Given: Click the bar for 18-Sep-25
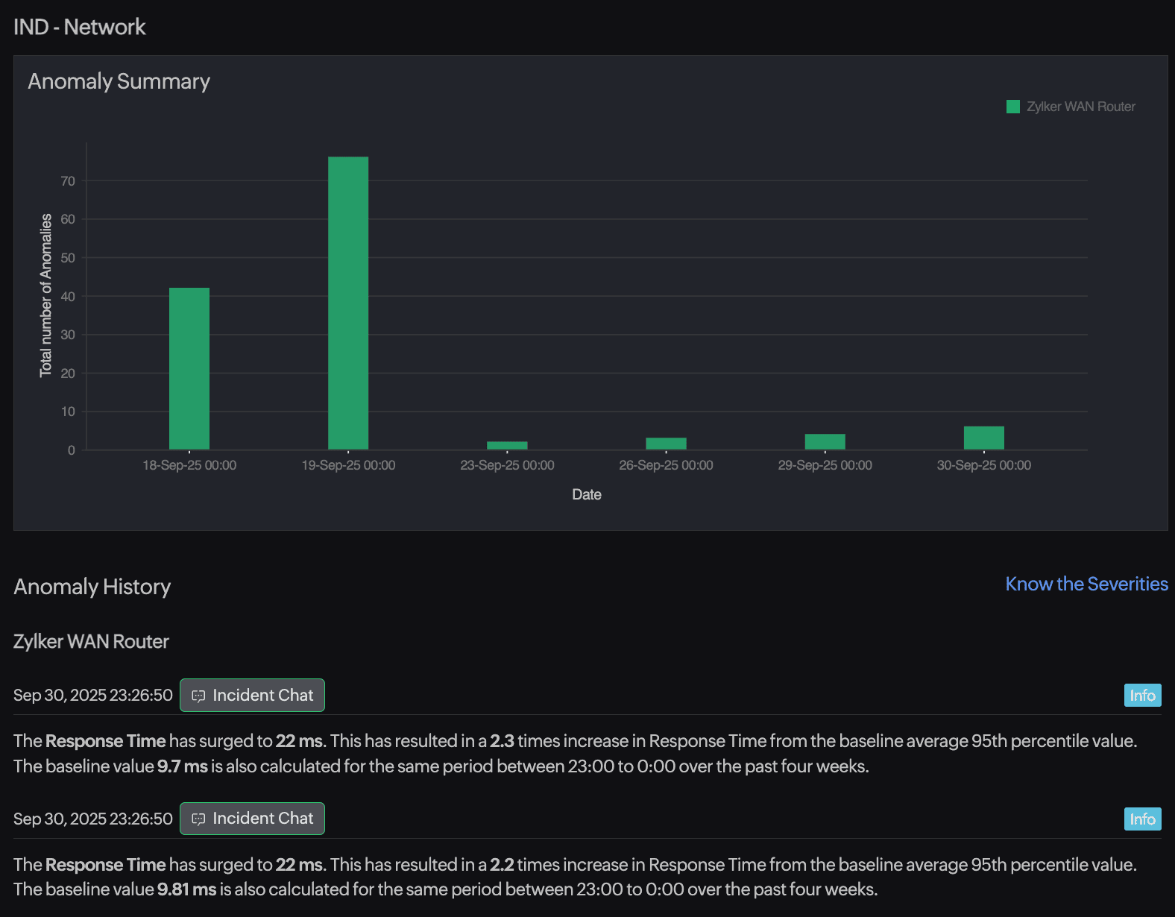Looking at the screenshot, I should tap(189, 368).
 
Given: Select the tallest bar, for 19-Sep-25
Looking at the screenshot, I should tap(348, 303).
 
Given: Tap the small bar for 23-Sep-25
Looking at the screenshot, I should tap(507, 446).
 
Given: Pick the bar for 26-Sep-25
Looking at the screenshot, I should tap(666, 444).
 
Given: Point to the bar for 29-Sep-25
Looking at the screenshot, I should tap(825, 441).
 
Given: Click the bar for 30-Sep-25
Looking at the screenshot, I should tap(983, 438).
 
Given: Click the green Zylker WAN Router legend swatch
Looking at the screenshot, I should tap(1012, 107).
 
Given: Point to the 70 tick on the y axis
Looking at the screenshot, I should tap(68, 181).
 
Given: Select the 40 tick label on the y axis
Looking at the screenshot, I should tap(68, 297).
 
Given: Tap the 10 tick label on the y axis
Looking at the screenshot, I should tap(68, 412).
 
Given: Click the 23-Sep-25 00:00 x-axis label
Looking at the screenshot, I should tap(507, 465).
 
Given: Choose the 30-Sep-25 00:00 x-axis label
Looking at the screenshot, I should tap(983, 465).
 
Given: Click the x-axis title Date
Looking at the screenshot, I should tap(587, 494).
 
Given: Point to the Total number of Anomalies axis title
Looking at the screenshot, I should tap(46, 295).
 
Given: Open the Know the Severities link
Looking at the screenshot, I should tap(1086, 584).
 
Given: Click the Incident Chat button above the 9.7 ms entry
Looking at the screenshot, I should tap(252, 695).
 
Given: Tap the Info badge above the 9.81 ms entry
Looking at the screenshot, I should tap(1142, 819).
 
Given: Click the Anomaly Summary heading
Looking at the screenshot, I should tap(119, 81).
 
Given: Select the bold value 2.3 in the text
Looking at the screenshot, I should tap(502, 741).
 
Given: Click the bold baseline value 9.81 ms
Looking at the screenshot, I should tap(186, 889).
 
